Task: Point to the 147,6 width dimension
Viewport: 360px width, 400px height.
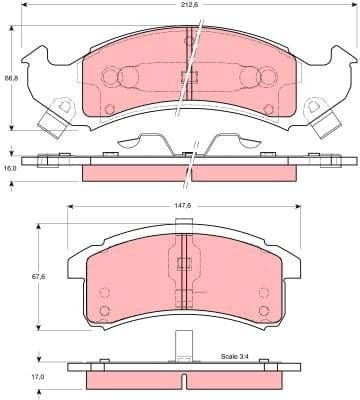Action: coord(180,204)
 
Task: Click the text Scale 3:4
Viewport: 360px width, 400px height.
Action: coord(236,356)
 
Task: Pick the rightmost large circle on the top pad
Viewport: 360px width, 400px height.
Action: coord(268,79)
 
